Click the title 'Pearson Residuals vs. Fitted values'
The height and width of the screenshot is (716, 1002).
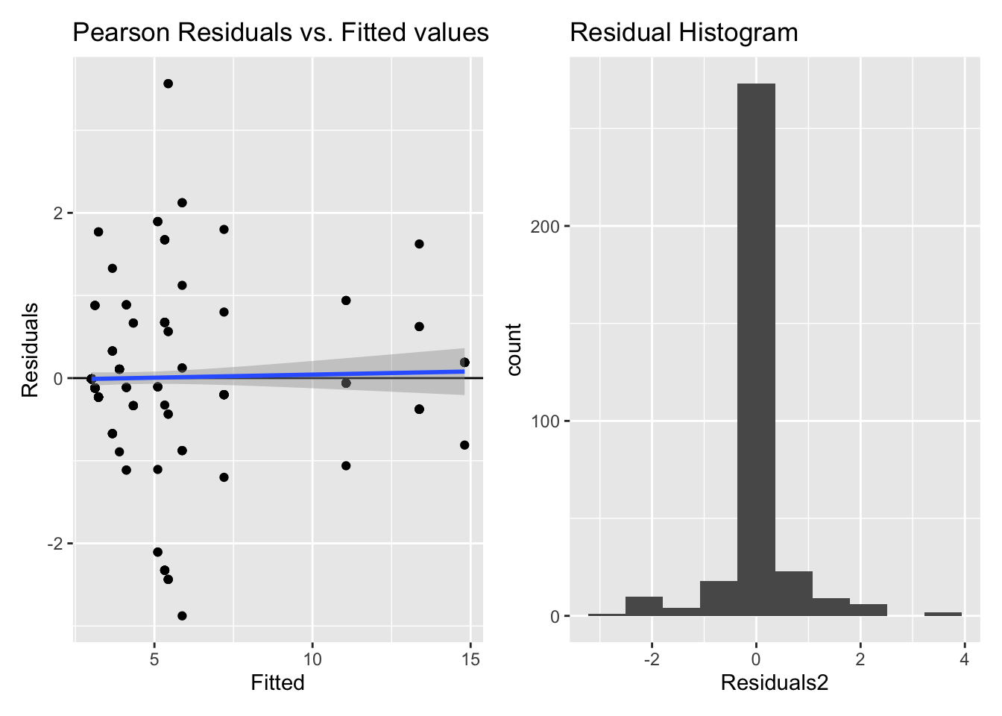(280, 33)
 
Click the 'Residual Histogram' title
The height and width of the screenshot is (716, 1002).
(684, 33)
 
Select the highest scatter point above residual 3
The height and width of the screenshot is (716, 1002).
(168, 84)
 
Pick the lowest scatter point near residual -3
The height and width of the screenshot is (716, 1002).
(182, 616)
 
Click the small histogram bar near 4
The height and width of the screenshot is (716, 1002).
(942, 614)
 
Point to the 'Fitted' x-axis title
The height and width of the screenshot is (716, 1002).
(277, 682)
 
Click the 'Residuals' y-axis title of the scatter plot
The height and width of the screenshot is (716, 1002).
(30, 350)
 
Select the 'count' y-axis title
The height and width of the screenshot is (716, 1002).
(514, 349)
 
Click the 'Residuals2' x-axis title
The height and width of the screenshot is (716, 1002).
(775, 682)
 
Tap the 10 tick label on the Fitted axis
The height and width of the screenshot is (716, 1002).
(312, 659)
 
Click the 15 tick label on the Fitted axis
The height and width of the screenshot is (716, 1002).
(470, 659)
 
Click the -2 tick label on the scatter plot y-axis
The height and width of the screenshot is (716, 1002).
(54, 544)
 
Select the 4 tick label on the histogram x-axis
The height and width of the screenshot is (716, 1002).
(964, 659)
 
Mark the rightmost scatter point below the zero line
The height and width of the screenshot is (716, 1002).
(464, 445)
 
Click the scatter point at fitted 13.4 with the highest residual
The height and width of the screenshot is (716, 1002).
(419, 244)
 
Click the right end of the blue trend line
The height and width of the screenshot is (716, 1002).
(464, 371)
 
